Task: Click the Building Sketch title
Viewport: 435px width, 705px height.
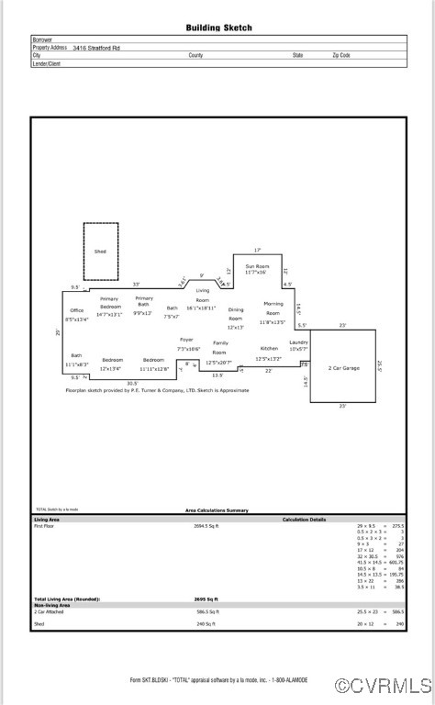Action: tap(218, 28)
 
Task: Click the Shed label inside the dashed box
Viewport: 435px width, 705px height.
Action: tap(100, 251)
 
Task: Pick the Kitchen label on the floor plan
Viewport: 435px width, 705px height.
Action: tap(268, 349)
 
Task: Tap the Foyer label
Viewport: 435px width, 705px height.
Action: tap(186, 340)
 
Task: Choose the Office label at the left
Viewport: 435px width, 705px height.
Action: tap(77, 310)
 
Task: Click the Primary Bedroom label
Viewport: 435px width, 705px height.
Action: tap(109, 303)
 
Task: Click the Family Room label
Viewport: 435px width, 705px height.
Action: tap(220, 347)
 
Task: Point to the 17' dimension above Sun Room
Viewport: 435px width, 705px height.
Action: tap(257, 250)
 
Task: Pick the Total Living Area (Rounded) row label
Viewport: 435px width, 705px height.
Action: tap(68, 599)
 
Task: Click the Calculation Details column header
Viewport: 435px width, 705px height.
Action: tap(304, 520)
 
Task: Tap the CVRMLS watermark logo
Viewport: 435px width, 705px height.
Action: tap(383, 685)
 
